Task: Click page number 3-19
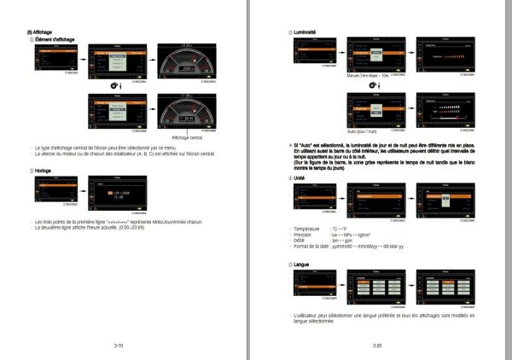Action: tap(119, 345)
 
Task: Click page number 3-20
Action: tap(376, 345)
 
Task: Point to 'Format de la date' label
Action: tap(313, 247)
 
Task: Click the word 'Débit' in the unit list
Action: tap(301, 241)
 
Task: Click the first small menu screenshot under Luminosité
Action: tap(311, 51)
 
